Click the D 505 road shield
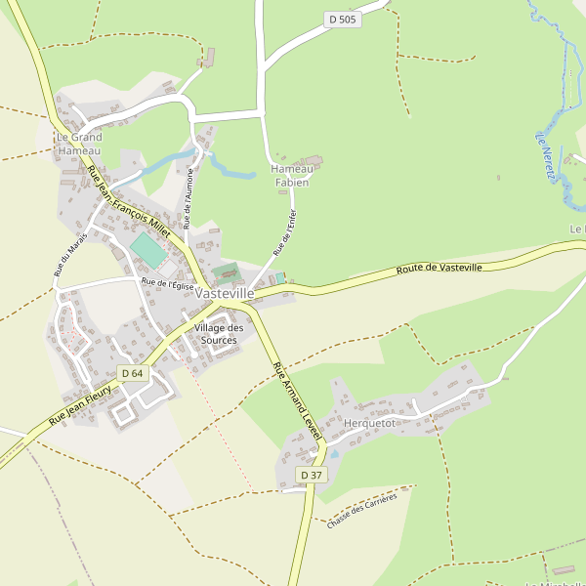click(343, 20)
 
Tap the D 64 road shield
click(132, 373)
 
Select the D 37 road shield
click(311, 475)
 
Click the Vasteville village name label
click(225, 293)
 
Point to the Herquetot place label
click(370, 423)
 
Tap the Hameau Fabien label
click(290, 176)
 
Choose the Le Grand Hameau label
click(79, 144)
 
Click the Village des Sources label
click(218, 334)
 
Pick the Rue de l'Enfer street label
click(283, 232)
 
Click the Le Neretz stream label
click(545, 156)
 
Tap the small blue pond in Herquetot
click(334, 454)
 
